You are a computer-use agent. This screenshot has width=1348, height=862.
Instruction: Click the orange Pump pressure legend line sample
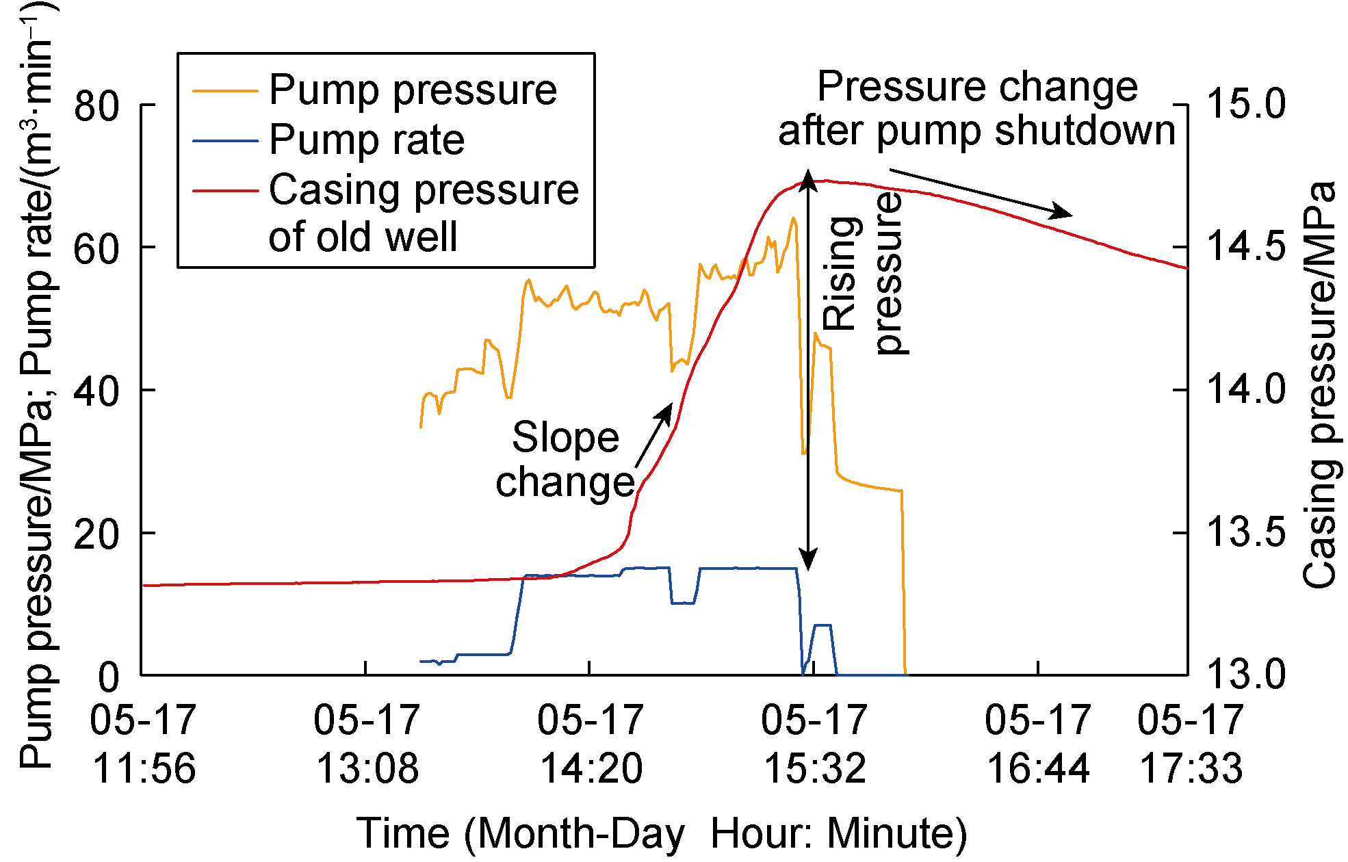click(x=225, y=91)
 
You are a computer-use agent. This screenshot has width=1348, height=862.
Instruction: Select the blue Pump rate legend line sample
click(x=225, y=141)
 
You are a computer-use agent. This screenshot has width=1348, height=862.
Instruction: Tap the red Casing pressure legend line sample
click(x=225, y=190)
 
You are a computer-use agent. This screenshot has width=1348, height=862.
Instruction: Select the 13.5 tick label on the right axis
click(x=1245, y=533)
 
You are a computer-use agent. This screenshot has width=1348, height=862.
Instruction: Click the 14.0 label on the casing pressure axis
click(x=1245, y=390)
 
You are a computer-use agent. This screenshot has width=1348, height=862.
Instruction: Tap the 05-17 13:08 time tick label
click(x=367, y=744)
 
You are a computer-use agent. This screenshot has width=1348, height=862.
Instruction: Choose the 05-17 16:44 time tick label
click(x=1038, y=744)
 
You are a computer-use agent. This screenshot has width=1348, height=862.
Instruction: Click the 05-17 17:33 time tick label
click(x=1191, y=744)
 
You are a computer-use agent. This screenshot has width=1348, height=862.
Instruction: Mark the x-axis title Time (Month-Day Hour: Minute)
click(x=662, y=833)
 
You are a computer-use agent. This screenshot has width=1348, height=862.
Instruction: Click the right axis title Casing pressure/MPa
click(x=1319, y=385)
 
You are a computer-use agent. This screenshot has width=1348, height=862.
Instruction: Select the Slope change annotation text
click(x=565, y=460)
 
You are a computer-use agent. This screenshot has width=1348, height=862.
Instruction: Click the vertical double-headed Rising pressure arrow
click(x=809, y=369)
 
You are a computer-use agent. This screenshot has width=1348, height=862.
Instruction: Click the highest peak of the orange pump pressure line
click(x=793, y=218)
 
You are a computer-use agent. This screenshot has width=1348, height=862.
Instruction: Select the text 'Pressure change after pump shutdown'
click(x=977, y=108)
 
